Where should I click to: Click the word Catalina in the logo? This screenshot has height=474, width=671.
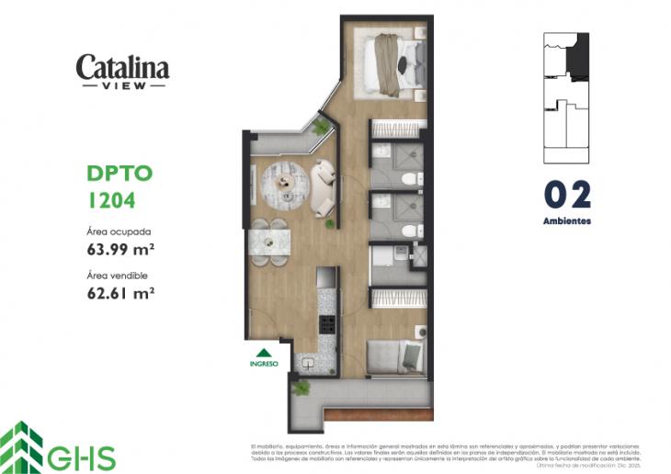(122, 67)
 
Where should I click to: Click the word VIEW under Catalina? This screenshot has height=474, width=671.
(122, 85)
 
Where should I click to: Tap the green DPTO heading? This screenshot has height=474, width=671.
(114, 174)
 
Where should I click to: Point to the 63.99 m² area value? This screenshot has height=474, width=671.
(119, 250)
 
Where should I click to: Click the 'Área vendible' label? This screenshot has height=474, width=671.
(117, 276)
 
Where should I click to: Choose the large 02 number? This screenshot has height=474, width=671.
(567, 195)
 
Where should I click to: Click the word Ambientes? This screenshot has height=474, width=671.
(567, 221)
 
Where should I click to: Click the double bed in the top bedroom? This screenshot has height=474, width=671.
(392, 64)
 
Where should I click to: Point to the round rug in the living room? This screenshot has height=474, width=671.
(285, 184)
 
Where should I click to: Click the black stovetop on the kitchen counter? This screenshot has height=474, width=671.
(325, 323)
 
